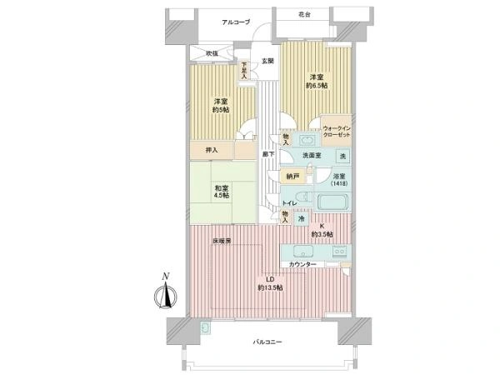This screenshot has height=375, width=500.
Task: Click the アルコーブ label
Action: point(236,22)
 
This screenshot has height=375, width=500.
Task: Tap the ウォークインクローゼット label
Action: point(336,131)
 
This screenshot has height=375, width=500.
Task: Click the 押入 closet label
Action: point(212,150)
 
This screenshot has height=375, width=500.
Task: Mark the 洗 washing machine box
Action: point(342,157)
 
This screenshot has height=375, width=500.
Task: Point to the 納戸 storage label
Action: point(292,176)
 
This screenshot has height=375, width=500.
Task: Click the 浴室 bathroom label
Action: point(340,177)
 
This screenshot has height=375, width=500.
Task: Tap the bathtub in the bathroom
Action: point(332,200)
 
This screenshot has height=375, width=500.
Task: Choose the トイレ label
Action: point(288,203)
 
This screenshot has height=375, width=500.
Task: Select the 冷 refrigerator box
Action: point(302,219)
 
